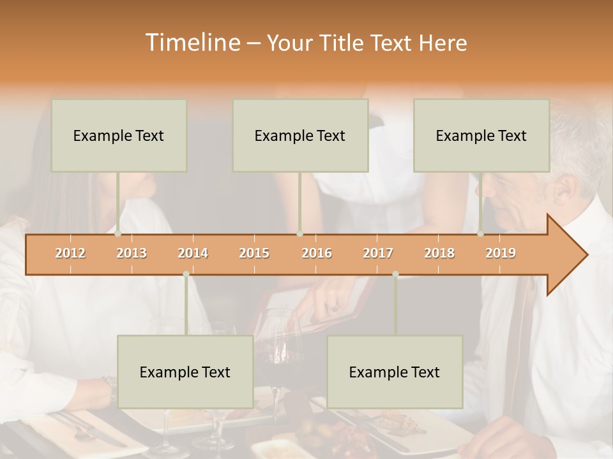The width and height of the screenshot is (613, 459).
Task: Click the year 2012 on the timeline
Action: tap(70, 253)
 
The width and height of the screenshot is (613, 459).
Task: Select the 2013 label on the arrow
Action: tap(132, 253)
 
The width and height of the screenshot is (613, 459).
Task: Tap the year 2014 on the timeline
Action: tap(193, 253)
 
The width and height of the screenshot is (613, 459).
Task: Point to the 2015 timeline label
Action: tap(254, 253)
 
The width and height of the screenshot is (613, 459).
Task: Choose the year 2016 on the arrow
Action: tap(317, 253)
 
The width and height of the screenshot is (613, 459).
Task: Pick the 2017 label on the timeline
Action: tap(378, 253)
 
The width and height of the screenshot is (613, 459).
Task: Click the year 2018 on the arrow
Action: tap(439, 253)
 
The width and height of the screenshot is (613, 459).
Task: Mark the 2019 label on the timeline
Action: tap(501, 253)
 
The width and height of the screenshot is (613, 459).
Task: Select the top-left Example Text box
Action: tap(119, 135)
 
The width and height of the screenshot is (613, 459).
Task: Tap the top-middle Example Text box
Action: tap(300, 135)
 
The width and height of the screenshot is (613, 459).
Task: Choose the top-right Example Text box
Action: tap(481, 135)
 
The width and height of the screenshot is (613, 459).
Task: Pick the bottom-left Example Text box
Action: tap(185, 372)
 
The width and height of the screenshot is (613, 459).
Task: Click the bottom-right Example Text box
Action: tap(395, 372)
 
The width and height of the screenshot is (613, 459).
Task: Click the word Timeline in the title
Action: tap(192, 43)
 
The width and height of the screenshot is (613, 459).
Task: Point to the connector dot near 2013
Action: tap(118, 234)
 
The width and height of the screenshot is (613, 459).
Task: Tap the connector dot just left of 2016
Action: tap(299, 234)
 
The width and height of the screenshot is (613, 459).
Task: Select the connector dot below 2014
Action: tap(186, 274)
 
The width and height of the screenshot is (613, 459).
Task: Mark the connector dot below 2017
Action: tap(395, 274)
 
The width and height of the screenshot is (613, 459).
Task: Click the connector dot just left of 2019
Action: tap(481, 234)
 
